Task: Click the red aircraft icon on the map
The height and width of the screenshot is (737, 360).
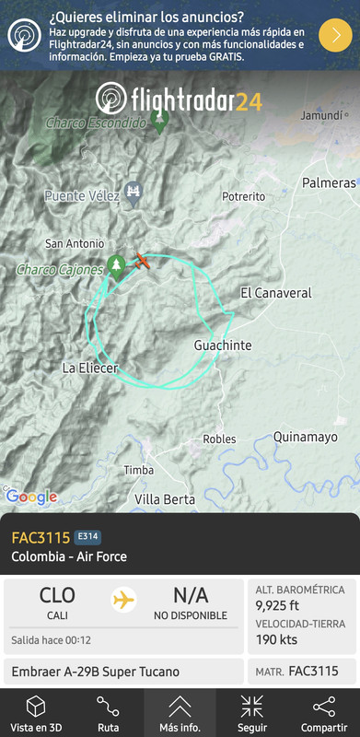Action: point(142,260)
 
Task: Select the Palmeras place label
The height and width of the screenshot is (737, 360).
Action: point(329,182)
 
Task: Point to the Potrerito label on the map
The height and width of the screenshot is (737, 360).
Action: point(243,196)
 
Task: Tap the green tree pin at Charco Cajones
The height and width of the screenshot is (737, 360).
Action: point(116,266)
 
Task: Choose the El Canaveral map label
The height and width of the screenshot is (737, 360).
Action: point(275,293)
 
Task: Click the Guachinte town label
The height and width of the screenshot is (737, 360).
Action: point(223,345)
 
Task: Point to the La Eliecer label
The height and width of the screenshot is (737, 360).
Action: point(89,368)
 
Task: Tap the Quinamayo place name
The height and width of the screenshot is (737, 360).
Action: point(305,437)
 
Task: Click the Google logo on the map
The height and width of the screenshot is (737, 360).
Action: point(31,497)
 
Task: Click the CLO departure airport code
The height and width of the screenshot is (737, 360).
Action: point(57,595)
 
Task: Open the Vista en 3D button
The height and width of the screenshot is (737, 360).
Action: point(35,713)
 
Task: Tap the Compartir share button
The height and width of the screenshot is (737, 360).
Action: point(323,713)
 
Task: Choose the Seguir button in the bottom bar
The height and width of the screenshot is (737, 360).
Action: point(251,713)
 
